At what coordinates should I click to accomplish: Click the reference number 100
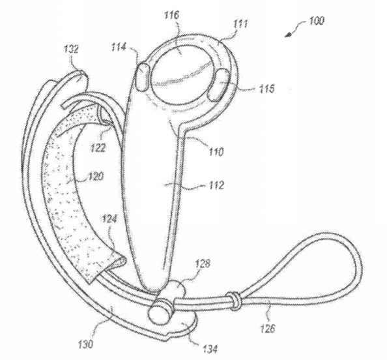pos(317,21)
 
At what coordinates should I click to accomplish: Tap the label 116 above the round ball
pos(172,15)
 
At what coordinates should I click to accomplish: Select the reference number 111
pos(240,24)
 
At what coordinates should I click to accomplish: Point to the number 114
pos(119,47)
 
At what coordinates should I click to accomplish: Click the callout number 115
pos(266,89)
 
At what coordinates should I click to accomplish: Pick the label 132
pos(71,49)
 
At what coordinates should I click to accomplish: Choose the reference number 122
pos(98,147)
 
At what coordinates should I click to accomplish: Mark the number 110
pos(216,151)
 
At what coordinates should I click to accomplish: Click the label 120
pos(95,176)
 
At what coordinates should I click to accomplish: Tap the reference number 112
pos(216,185)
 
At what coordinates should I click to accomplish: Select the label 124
pos(109,219)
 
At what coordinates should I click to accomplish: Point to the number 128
pos(203,263)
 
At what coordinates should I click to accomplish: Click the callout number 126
pos(267,329)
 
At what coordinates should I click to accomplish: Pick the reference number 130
pos(85,344)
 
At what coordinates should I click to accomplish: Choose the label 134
pos(210,349)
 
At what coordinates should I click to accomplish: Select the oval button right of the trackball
pos(218,85)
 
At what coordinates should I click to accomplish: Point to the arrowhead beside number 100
pos(287,35)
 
